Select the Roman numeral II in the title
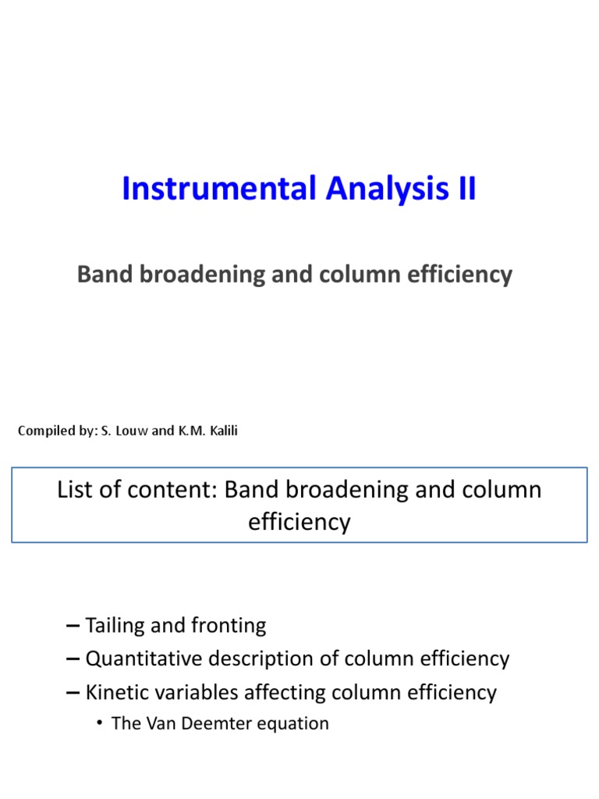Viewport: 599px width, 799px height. click(465, 190)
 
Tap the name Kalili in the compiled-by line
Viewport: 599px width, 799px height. click(221, 431)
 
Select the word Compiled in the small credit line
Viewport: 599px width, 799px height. click(45, 431)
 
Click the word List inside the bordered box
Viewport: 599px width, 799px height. click(74, 490)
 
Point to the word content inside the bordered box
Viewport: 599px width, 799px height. click(181, 490)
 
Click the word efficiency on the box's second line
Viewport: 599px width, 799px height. click(299, 521)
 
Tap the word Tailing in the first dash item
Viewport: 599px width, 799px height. click(119, 626)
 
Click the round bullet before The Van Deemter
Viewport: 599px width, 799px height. click(101, 724)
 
